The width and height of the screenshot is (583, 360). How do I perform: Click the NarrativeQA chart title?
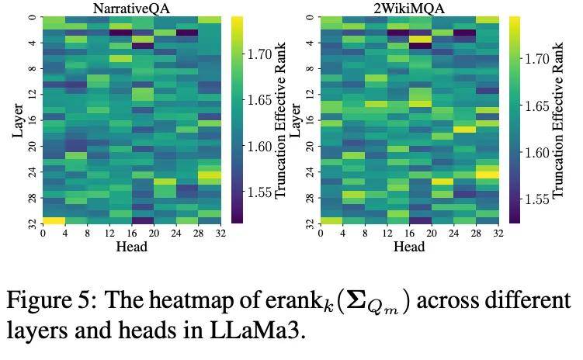tap(131, 8)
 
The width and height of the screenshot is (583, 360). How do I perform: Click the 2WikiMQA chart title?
tap(409, 8)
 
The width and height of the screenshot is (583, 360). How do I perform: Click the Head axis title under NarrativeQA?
tap(131, 247)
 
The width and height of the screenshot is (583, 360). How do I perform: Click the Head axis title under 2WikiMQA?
tap(409, 247)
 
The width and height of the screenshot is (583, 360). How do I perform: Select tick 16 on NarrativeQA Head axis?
tap(131, 234)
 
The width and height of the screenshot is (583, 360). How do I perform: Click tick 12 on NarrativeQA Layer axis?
tap(33, 94)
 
